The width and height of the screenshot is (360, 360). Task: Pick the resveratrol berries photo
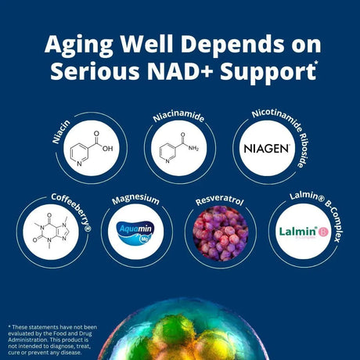click(220, 232)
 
